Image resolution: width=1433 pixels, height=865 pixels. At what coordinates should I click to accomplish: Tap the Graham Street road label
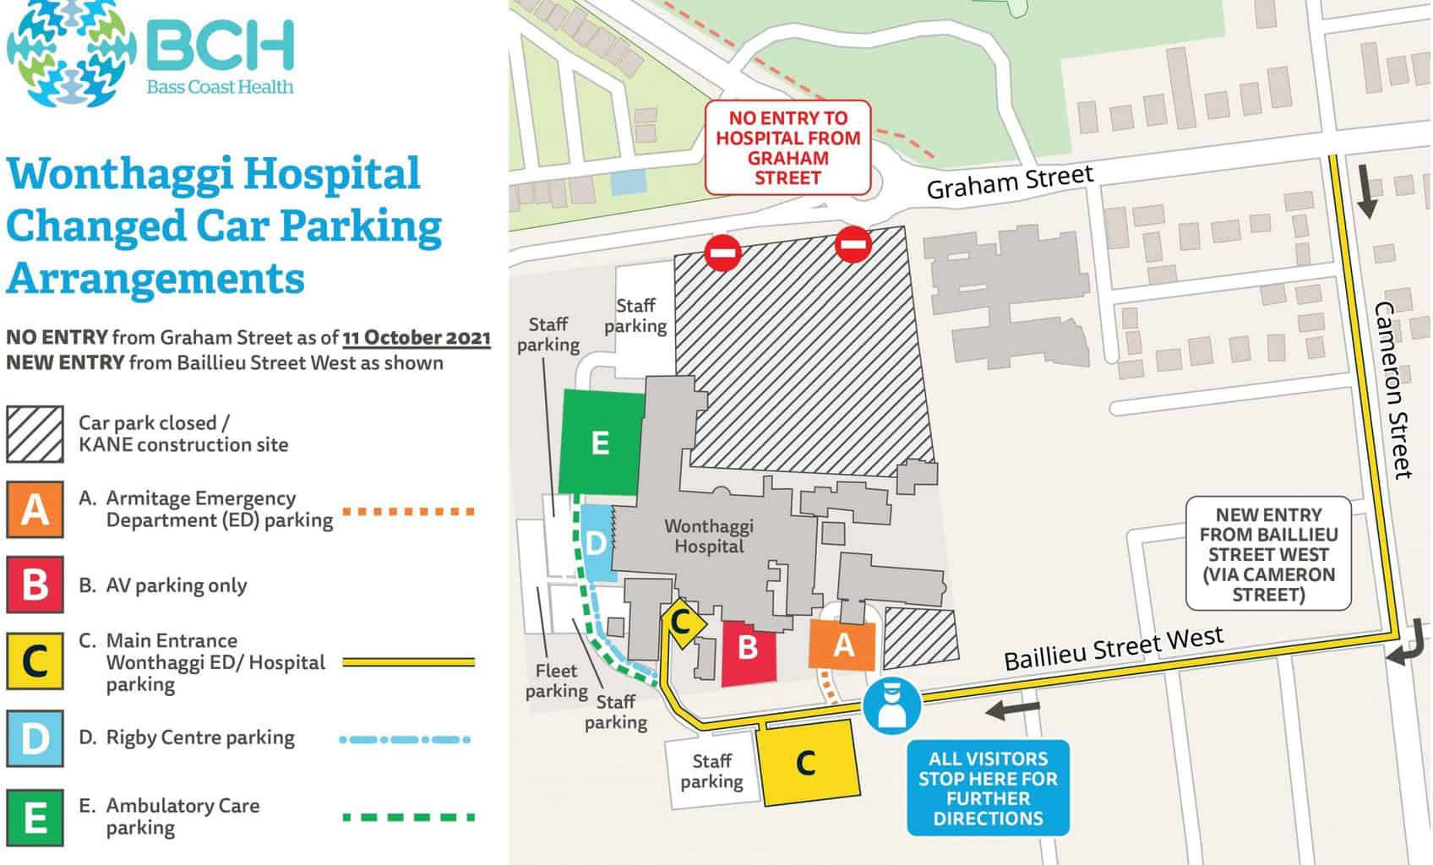click(1010, 182)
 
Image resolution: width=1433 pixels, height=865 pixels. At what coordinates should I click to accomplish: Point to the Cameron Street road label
click(1392, 390)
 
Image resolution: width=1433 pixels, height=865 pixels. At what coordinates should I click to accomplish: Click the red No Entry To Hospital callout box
click(787, 149)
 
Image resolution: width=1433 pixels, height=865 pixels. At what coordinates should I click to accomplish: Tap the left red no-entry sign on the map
click(724, 253)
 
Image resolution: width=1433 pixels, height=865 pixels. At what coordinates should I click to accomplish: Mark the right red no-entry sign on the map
click(851, 244)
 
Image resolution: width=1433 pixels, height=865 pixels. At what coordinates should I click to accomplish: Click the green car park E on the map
click(600, 443)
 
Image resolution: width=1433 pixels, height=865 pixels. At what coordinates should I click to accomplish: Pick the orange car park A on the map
click(842, 645)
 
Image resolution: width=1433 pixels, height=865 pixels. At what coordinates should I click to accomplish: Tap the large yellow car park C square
click(807, 763)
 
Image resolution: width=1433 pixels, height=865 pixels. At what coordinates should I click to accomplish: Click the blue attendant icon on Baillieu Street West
click(891, 705)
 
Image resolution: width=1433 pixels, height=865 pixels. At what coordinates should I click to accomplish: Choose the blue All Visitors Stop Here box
click(988, 788)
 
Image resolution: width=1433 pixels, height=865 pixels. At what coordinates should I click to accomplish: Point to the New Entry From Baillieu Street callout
click(1267, 554)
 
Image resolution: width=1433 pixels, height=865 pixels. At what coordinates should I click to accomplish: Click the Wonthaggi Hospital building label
click(708, 536)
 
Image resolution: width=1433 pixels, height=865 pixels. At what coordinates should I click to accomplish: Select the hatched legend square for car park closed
click(35, 434)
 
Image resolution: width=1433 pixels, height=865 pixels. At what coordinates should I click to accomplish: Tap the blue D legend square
click(35, 739)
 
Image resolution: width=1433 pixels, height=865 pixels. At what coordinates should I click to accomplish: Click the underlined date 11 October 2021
click(417, 338)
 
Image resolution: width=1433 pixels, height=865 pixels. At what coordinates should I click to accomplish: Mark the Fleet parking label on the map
click(556, 681)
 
